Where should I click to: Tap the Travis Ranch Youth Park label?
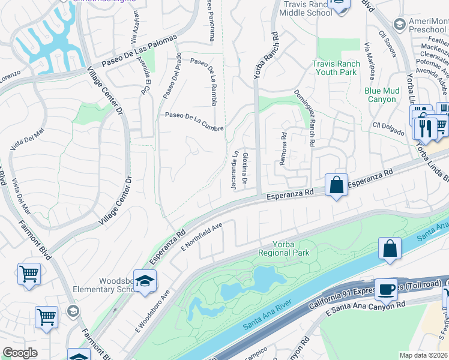coord(336,68)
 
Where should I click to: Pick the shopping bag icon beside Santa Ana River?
coord(390,248)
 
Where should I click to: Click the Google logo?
coord(20,353)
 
